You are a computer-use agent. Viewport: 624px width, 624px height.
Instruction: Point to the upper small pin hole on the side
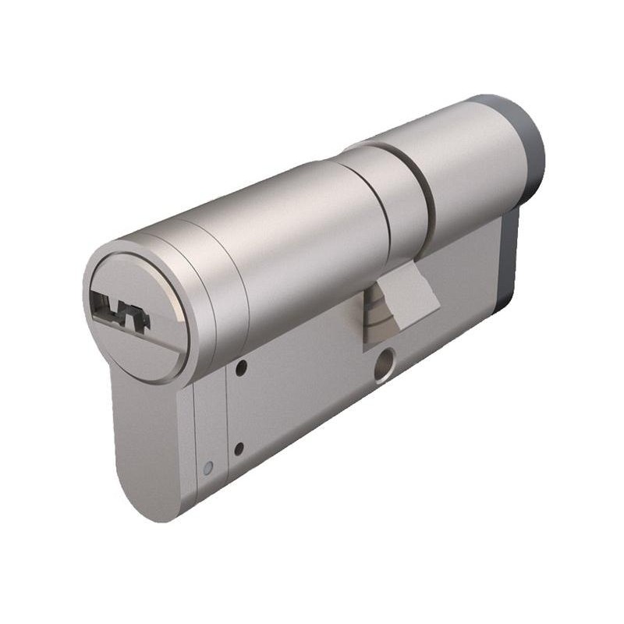click(x=242, y=366)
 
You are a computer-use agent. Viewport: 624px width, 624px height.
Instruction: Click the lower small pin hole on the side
click(x=239, y=448)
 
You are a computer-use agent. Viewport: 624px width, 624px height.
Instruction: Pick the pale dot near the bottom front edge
click(x=207, y=468)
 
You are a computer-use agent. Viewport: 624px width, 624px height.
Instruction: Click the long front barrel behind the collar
click(x=312, y=234)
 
